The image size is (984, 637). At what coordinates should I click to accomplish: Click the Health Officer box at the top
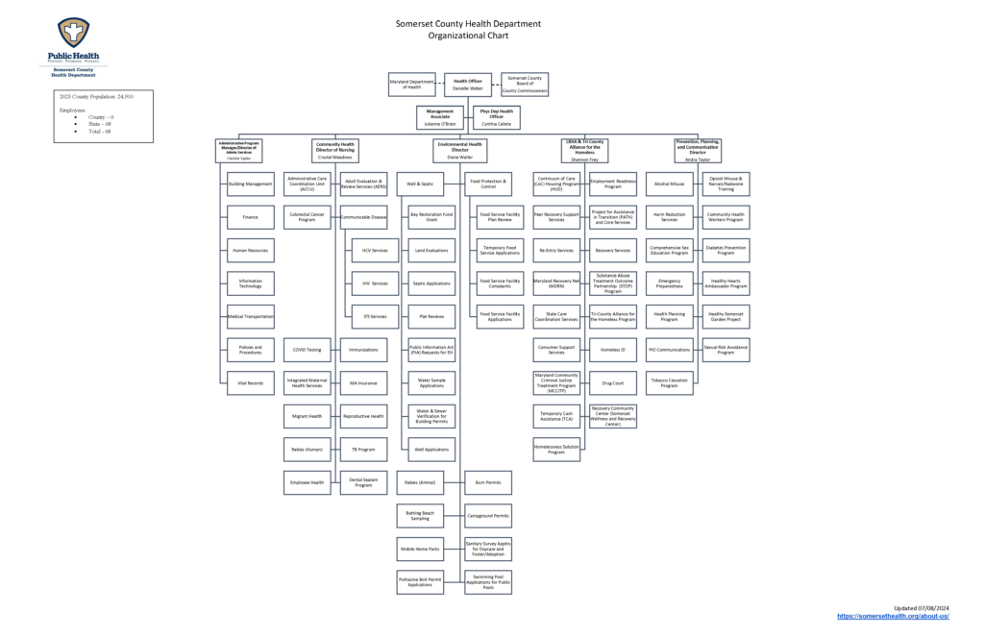click(468, 85)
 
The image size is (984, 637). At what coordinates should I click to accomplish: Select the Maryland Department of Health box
click(412, 85)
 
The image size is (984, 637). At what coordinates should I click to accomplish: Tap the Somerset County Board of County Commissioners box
click(524, 85)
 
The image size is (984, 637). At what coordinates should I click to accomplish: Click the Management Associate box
click(440, 117)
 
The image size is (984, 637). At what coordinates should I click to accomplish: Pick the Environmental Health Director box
click(459, 149)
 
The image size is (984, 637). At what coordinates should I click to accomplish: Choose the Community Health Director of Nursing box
click(335, 149)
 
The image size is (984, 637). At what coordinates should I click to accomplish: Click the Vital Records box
click(250, 383)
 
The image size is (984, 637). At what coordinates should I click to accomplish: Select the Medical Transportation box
click(250, 316)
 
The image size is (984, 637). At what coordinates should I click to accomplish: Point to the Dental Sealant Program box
click(363, 482)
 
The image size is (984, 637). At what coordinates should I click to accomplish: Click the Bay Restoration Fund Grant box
click(430, 216)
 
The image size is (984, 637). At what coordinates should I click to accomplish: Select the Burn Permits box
click(488, 482)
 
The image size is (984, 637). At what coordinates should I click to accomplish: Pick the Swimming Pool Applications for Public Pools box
click(488, 582)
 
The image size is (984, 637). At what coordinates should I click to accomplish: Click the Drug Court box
click(613, 383)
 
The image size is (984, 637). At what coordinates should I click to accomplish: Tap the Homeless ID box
click(613, 350)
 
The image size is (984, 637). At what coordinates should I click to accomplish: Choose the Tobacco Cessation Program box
click(670, 383)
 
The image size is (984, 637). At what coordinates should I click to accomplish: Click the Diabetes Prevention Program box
click(726, 250)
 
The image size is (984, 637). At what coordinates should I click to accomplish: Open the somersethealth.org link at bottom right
click(893, 616)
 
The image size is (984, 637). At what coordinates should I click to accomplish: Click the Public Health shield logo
click(74, 35)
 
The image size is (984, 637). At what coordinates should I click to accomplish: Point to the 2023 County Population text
click(97, 97)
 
